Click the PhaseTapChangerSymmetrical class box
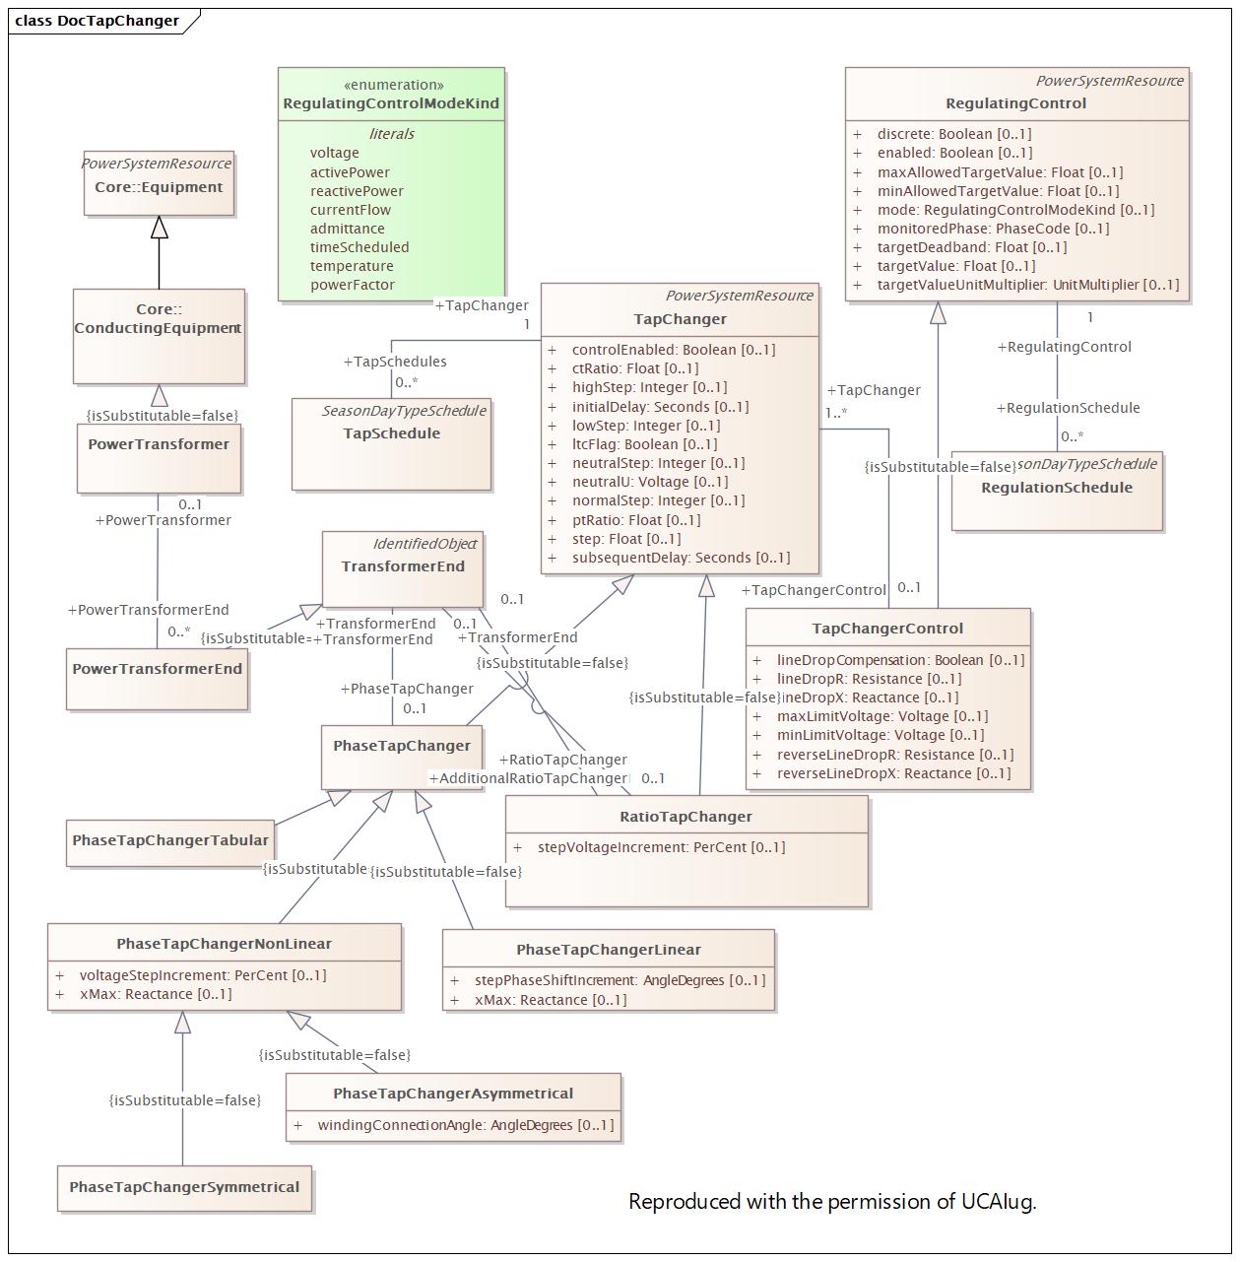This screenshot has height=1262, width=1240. click(x=184, y=1187)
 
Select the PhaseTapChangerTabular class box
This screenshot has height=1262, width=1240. click(x=170, y=840)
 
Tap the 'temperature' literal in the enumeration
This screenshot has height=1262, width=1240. click(x=352, y=266)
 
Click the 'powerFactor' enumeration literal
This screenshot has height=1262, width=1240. click(x=353, y=285)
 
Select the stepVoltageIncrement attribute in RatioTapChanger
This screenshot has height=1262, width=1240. click(x=661, y=847)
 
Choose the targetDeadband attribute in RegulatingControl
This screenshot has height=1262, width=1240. click(x=971, y=247)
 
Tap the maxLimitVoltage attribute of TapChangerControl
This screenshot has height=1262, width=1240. click(x=881, y=716)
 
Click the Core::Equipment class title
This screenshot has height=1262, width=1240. click(x=159, y=187)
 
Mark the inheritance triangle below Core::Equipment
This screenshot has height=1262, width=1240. click(x=159, y=228)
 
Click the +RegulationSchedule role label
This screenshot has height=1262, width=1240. click(x=1068, y=408)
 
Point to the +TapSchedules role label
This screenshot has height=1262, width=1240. click(x=395, y=362)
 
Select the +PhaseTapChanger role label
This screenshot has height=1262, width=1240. click(x=407, y=689)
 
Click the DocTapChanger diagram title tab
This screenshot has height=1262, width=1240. click(x=98, y=21)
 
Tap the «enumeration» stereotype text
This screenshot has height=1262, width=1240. click(x=393, y=85)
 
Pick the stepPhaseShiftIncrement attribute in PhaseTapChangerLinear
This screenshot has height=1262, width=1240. click(x=620, y=980)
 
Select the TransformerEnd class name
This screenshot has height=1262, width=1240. click(x=403, y=566)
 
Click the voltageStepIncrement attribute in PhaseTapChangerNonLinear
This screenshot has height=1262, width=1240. click(x=203, y=975)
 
